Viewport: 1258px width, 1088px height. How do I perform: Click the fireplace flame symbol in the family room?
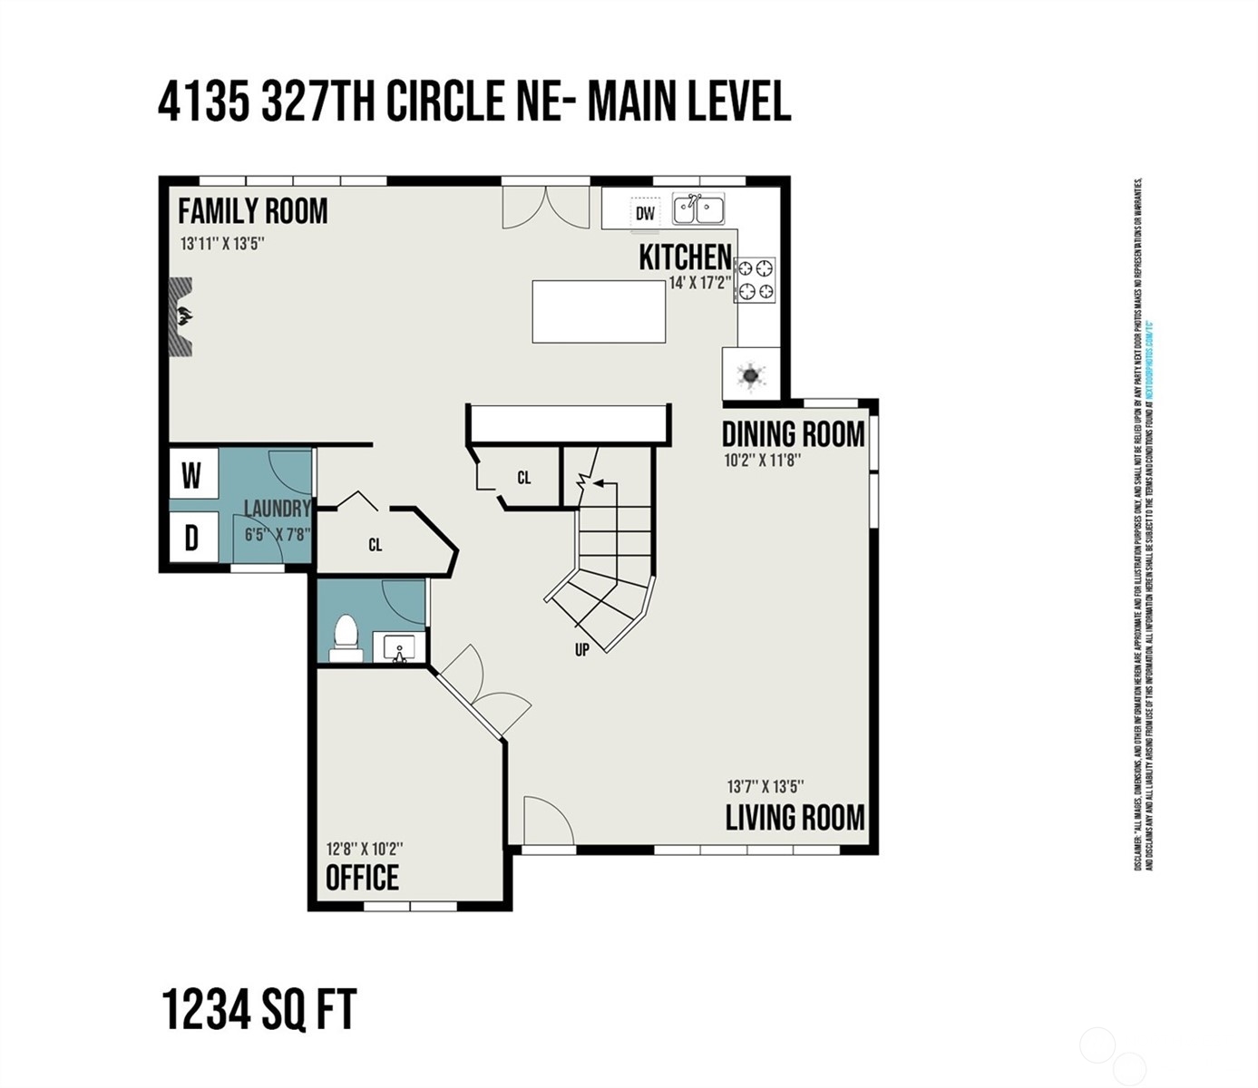184,316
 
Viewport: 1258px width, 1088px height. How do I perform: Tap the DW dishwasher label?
645,214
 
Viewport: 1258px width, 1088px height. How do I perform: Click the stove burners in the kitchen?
756,279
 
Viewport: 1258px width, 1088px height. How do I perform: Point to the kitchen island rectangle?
599,311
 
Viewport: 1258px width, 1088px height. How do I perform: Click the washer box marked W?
191,474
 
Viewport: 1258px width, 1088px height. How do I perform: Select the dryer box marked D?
191,539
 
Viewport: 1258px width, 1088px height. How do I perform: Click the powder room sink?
399,648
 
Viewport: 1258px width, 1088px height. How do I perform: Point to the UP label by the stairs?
582,649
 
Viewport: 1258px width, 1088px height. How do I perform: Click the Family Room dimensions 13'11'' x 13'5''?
221,243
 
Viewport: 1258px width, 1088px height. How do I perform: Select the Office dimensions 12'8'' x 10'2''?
365,849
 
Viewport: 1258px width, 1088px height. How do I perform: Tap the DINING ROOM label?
793,434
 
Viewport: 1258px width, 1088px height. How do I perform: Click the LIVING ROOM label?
795,818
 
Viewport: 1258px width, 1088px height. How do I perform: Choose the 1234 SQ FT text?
259,1009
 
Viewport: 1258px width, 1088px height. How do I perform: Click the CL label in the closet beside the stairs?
524,478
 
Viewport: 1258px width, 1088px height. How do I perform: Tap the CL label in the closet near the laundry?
375,545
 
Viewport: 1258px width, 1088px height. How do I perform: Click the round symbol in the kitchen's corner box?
751,374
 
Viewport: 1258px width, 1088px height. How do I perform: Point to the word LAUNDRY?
278,509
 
